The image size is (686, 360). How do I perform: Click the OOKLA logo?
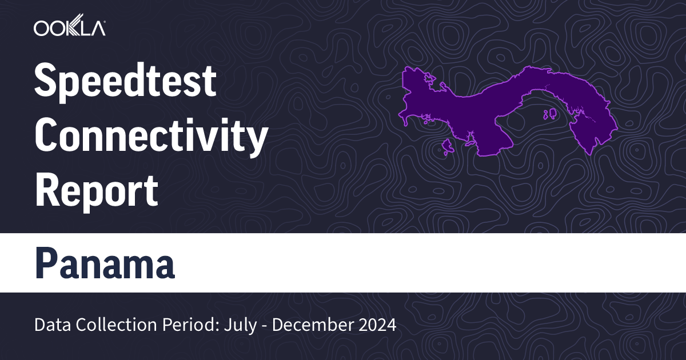coord(70,28)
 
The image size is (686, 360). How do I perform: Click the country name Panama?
coord(105,263)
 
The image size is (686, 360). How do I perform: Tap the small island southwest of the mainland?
coord(448,147)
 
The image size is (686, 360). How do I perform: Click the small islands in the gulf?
coord(552,114)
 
